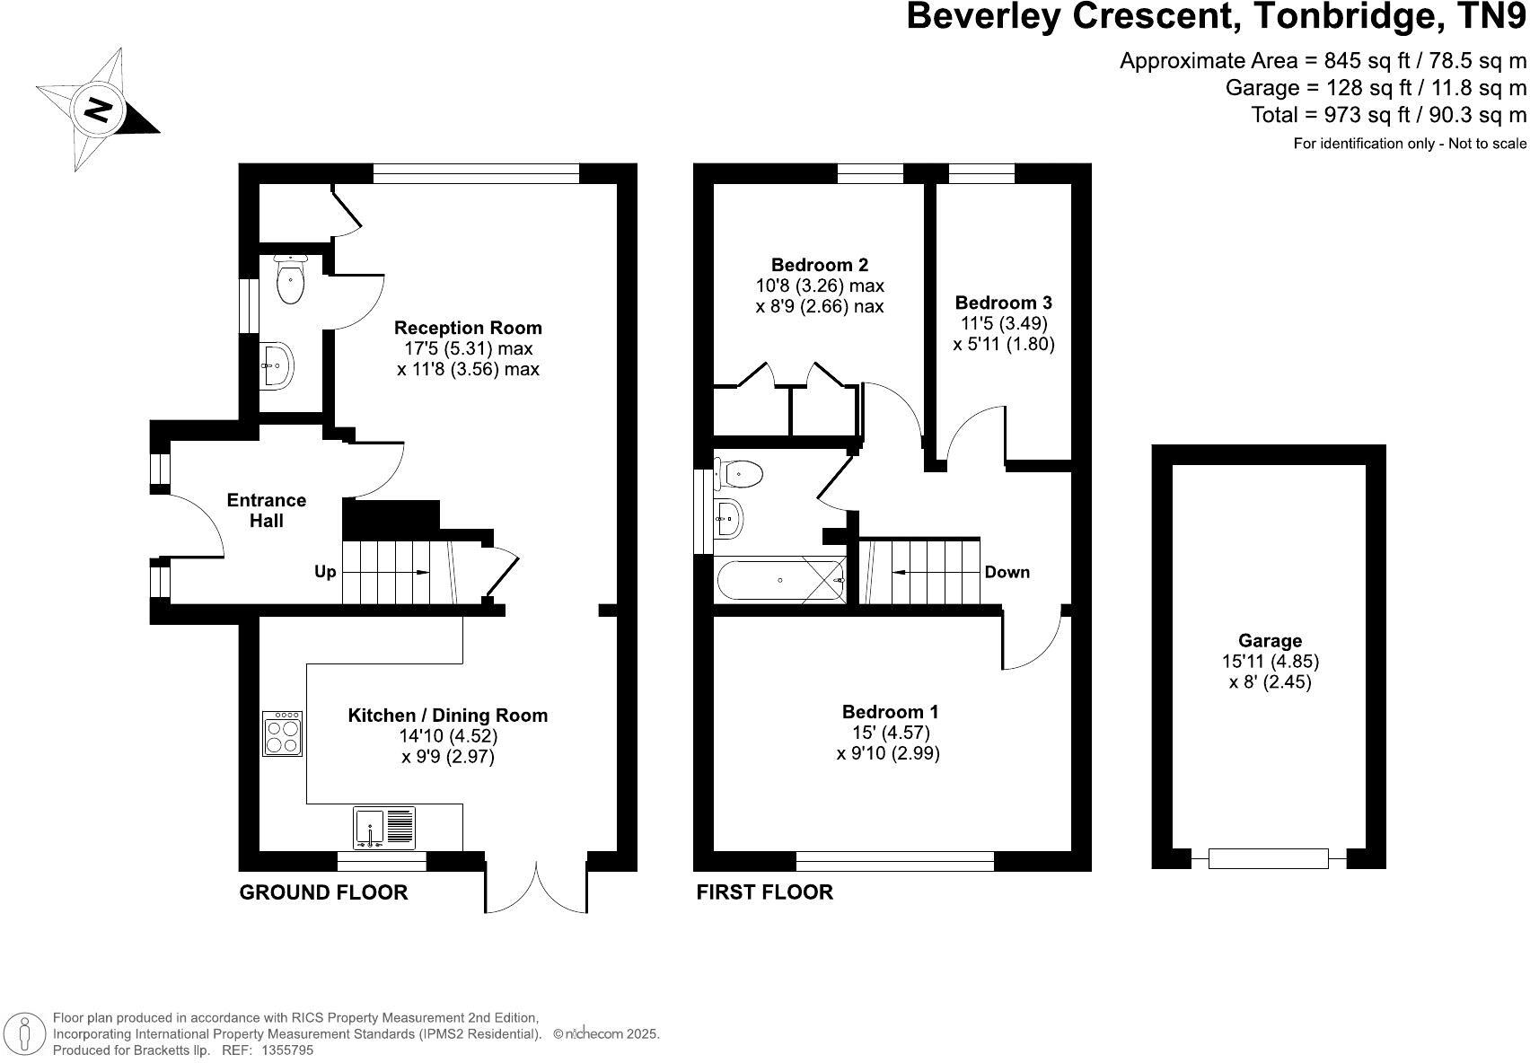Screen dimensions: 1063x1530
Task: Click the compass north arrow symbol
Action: coord(97,110)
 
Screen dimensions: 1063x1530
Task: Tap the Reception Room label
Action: coord(468,328)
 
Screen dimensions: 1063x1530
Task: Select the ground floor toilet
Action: coord(290,279)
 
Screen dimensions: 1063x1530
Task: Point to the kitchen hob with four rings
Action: coord(283,734)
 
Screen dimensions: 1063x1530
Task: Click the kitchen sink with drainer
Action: coord(384,828)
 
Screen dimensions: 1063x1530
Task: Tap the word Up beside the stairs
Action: coord(325,572)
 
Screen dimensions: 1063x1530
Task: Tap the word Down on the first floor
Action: coord(1007,572)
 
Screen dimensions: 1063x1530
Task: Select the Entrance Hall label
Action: coord(267,510)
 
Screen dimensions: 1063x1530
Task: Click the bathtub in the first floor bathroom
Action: coord(780,581)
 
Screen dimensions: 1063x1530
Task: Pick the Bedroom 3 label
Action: coord(1003,303)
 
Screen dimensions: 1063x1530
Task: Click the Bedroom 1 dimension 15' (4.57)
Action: coord(890,733)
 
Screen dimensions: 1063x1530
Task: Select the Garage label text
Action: coord(1269,640)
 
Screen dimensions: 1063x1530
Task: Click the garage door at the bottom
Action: coord(1268,858)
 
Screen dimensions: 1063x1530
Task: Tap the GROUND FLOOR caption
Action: coord(323,892)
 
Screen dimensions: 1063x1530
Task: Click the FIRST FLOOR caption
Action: coord(764,892)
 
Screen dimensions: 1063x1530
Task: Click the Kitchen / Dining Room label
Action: coord(447,716)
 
